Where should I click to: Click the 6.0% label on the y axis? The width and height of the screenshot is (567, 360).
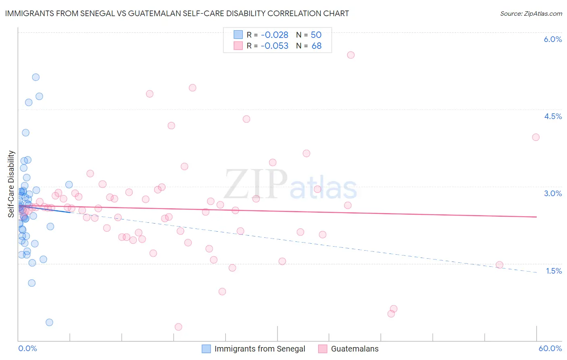(x=552, y=39)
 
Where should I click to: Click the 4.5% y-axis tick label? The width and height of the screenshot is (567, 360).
(x=552, y=116)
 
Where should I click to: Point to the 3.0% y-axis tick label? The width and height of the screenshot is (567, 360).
(x=552, y=193)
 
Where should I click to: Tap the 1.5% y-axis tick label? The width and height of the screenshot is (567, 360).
(x=554, y=271)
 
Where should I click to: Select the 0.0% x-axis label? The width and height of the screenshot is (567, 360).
(x=27, y=348)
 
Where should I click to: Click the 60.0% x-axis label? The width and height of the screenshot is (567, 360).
(x=550, y=348)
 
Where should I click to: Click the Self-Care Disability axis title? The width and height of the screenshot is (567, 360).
(x=11, y=184)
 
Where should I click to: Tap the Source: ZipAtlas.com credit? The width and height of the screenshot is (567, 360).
(x=531, y=13)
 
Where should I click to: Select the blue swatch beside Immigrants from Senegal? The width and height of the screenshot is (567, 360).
(x=206, y=349)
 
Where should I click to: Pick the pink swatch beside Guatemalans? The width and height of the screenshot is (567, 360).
(x=323, y=349)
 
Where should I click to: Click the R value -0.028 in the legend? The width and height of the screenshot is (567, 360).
(x=274, y=35)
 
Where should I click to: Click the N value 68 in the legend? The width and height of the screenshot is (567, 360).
(x=317, y=46)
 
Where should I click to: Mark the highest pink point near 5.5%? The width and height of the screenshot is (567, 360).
(x=351, y=55)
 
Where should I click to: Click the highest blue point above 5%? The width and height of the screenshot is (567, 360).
(x=36, y=77)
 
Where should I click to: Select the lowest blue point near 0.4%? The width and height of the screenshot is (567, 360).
(x=49, y=322)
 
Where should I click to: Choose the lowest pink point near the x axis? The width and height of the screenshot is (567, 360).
(x=178, y=327)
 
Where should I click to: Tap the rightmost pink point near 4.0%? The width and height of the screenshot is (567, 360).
(x=536, y=137)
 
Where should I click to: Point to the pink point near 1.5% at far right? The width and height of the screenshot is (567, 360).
(x=499, y=265)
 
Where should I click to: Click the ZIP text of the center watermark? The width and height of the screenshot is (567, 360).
(x=255, y=184)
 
